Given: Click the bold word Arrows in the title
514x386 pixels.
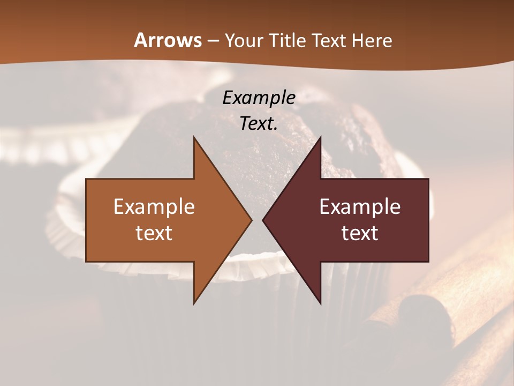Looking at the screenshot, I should pos(168,41).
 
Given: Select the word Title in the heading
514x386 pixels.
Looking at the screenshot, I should pos(288,41).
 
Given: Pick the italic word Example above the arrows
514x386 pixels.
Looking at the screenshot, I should pos(259,98).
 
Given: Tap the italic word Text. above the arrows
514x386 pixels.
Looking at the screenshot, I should pos(259,123).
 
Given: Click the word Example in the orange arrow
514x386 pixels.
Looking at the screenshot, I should pos(154,207).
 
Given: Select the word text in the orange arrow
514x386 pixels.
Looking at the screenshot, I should pos(154,233).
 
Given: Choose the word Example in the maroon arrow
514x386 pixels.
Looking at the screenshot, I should pos(360,207).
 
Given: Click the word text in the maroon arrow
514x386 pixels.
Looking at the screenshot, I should pos(360,233).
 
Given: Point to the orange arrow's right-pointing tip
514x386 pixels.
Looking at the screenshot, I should pos(251,220).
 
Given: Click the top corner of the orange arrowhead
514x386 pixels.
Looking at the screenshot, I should pos(194,138).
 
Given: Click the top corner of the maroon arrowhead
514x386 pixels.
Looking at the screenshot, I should pos(320,138).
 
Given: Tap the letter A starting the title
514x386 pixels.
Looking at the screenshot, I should pos(140,41).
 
